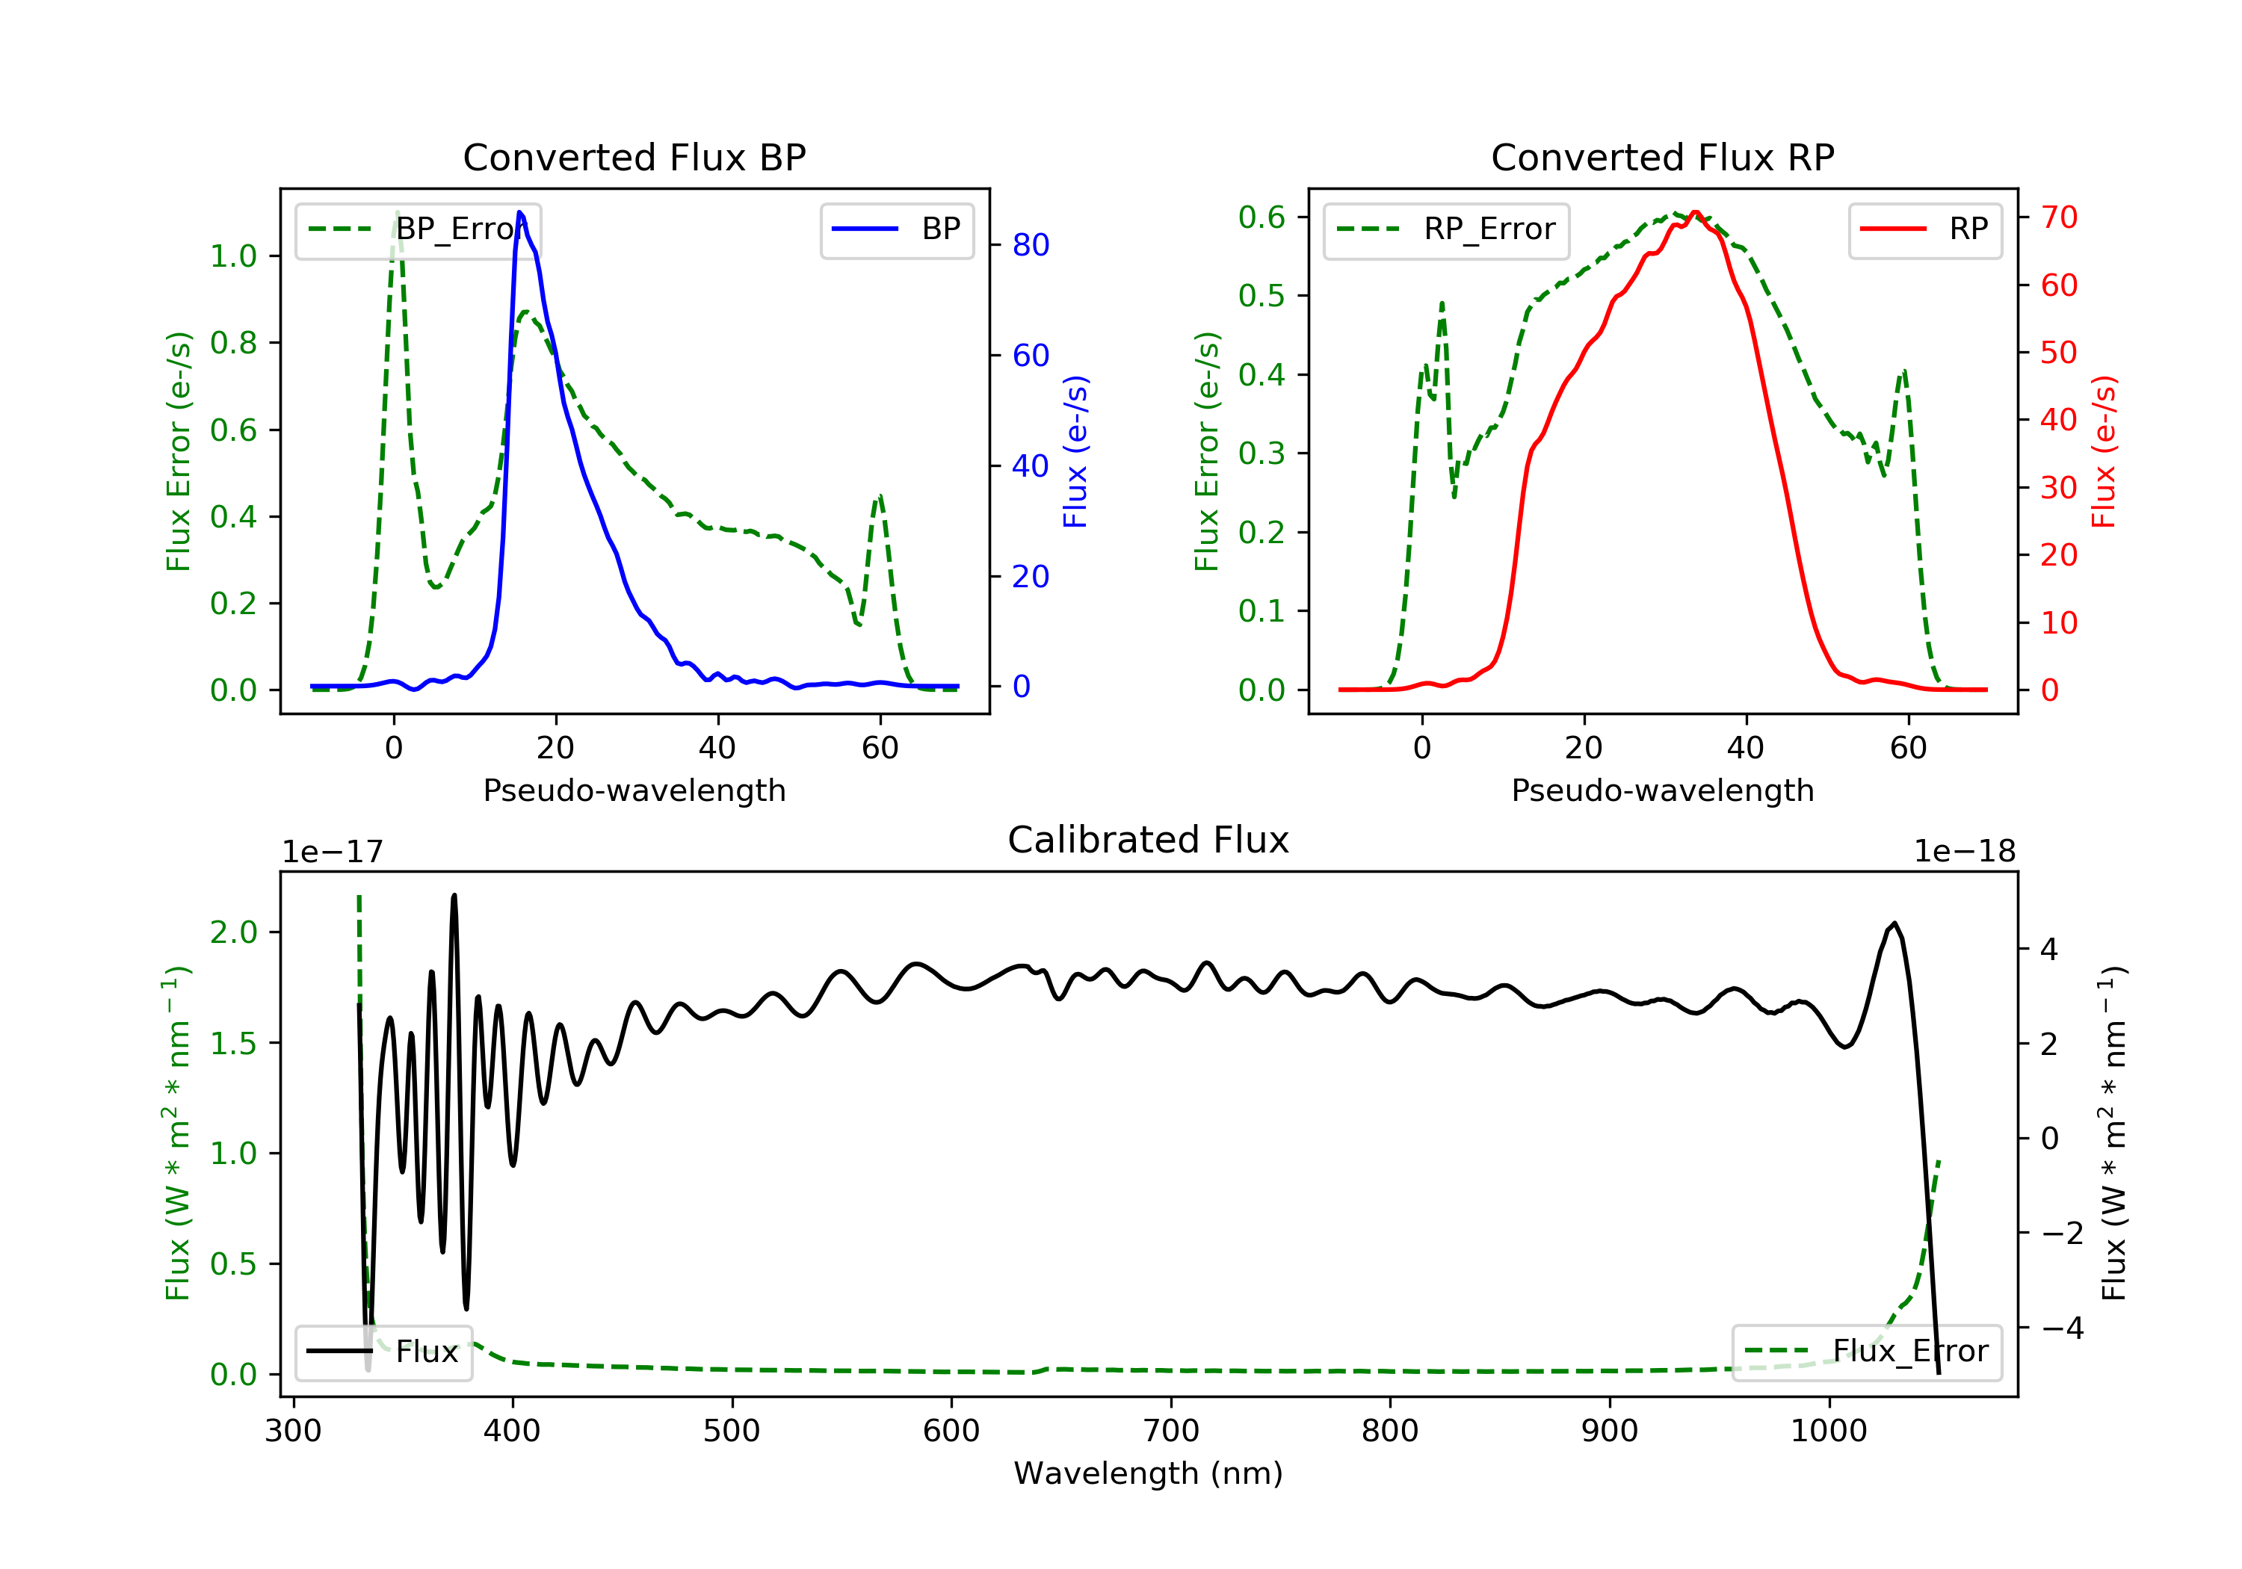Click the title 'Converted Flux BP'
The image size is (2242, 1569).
(x=634, y=157)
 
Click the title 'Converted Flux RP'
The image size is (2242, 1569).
(x=1662, y=157)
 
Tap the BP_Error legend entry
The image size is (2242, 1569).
(x=418, y=229)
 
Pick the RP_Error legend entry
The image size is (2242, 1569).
(x=1446, y=229)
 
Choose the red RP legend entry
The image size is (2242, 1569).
(x=1924, y=229)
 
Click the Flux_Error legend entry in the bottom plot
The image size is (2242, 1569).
(x=1866, y=1352)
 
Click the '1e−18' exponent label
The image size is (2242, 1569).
(x=1965, y=852)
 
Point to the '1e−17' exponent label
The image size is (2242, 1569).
(x=332, y=852)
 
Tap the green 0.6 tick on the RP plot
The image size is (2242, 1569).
(x=1261, y=217)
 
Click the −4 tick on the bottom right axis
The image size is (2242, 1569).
(x=2060, y=1328)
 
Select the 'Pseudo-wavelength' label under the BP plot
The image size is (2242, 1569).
(x=634, y=790)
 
